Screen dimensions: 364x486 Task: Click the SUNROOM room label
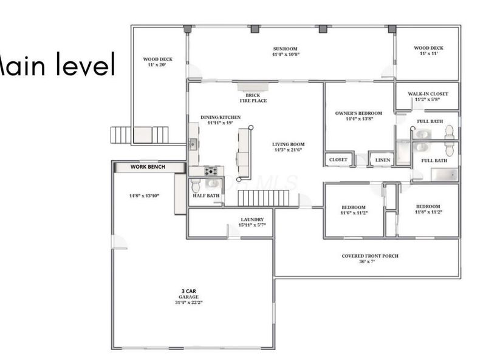coord(285,48)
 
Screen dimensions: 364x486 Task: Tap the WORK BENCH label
coord(149,166)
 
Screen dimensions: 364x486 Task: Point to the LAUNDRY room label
coord(252,220)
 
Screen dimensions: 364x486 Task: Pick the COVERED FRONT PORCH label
coord(370,256)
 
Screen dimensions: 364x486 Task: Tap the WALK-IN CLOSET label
coord(428,94)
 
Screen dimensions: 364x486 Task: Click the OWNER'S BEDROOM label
coord(358,113)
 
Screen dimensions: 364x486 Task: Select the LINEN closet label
coord(383,160)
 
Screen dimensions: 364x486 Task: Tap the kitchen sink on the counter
coord(193,144)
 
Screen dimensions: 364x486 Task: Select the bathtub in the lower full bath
coord(444,175)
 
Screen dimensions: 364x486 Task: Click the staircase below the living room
coord(263,198)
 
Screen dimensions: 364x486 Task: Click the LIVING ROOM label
coord(289,145)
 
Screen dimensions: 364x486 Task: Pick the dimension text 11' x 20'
coord(157,65)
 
